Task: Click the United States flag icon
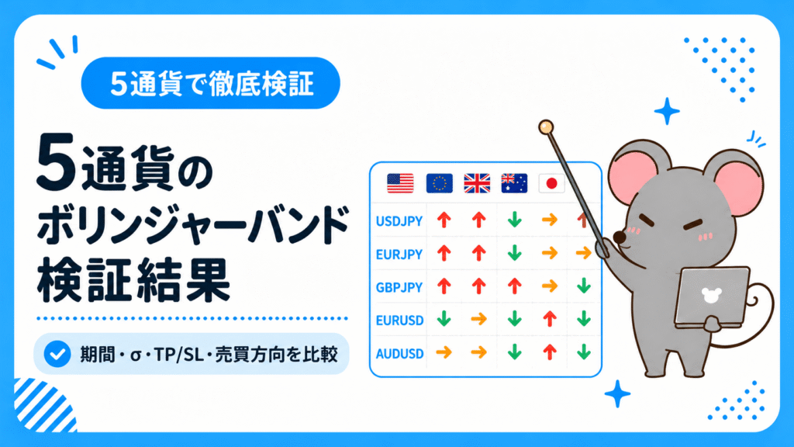[x=400, y=183]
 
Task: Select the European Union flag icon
[x=439, y=183]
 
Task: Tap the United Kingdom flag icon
[x=477, y=183]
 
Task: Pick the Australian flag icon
[x=514, y=183]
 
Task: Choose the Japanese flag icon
[x=551, y=183]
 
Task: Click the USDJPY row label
[x=399, y=221]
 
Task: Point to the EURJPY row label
[x=399, y=254]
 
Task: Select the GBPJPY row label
[x=399, y=287]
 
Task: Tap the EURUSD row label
[x=399, y=321]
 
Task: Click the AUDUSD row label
[x=399, y=353]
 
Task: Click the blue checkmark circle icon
[x=57, y=354]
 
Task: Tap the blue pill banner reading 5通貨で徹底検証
[x=211, y=83]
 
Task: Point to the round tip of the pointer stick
[x=546, y=126]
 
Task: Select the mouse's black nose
[x=620, y=237]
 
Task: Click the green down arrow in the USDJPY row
[x=515, y=220]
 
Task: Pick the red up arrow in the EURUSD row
[x=550, y=319]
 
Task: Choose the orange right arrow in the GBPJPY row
[x=550, y=286]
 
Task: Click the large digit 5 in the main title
[x=56, y=162]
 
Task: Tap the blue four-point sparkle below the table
[x=617, y=393]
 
